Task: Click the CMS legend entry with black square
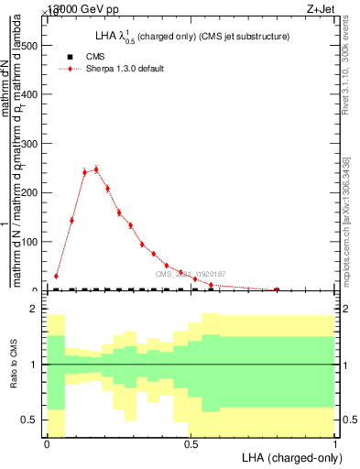click(95, 57)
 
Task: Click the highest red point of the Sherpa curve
click(95, 169)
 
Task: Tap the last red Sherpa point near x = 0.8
click(277, 289)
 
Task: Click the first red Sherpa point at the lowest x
click(56, 276)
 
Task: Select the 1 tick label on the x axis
click(335, 444)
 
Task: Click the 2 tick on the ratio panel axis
click(36, 310)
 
